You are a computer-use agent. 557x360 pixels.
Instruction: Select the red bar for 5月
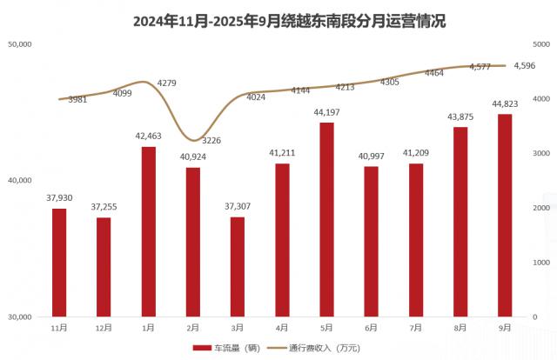click(x=326, y=219)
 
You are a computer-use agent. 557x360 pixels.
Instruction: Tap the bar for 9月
click(x=504, y=215)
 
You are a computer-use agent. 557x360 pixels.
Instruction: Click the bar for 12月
click(x=104, y=266)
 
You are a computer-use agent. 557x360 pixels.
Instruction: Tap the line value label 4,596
click(x=525, y=65)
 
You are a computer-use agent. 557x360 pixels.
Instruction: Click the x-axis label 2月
click(x=193, y=328)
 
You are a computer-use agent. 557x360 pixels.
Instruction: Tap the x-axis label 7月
click(x=415, y=328)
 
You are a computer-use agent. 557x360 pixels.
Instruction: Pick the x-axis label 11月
click(x=59, y=328)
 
